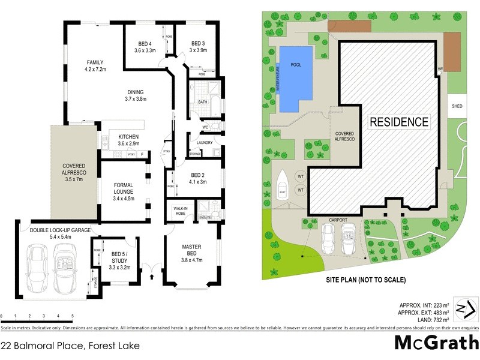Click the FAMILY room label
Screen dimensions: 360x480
[x=95, y=62]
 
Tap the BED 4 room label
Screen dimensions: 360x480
[x=145, y=44]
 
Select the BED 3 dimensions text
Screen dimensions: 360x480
[x=198, y=50]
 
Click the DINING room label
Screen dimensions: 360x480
[x=136, y=92]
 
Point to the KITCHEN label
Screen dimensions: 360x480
[x=128, y=136]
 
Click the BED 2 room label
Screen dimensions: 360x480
[x=198, y=175]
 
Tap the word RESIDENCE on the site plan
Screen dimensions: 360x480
[x=399, y=122]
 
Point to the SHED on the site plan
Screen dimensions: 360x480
[x=457, y=106]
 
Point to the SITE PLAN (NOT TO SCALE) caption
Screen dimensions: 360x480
[x=365, y=280]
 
